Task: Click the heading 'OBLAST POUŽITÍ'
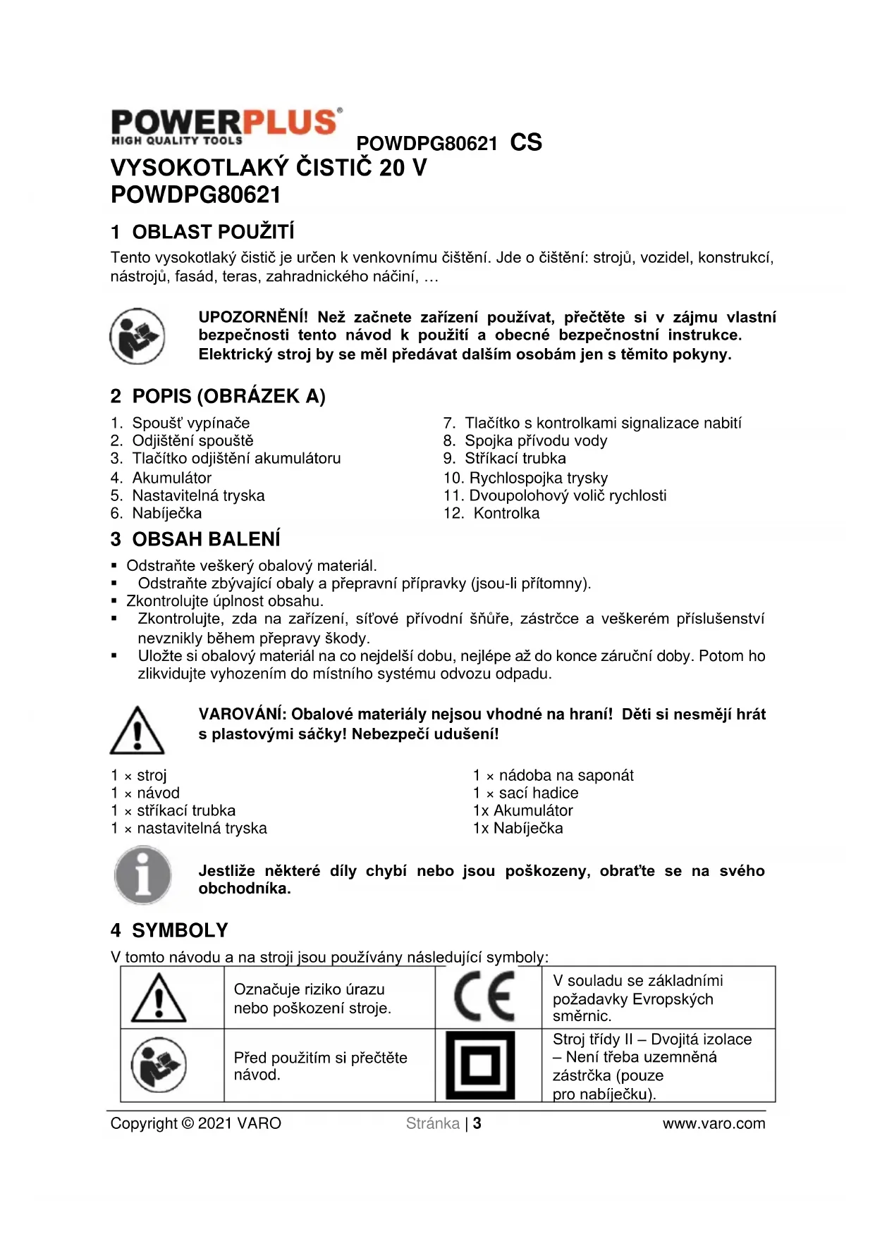coord(213,232)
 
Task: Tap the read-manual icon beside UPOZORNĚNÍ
coord(137,336)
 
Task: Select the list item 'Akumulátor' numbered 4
coord(171,478)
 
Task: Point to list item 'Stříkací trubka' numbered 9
coord(515,459)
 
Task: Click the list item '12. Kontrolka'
coord(491,513)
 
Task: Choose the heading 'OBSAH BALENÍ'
coord(206,539)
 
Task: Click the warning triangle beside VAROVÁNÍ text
coord(137,730)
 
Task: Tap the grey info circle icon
coord(143,876)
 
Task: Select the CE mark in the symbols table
coord(484,996)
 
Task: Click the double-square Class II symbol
coord(481,1065)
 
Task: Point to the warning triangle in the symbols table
coord(159,998)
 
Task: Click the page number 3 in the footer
coord(477,1123)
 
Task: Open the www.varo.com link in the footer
coord(714,1123)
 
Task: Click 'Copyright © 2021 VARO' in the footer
coord(196,1123)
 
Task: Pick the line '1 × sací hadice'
coord(525,793)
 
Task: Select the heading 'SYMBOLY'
coord(180,930)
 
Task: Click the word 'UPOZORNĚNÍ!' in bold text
coord(253,317)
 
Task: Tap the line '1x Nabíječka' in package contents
coord(518,828)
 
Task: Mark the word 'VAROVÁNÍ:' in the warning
coord(242,714)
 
